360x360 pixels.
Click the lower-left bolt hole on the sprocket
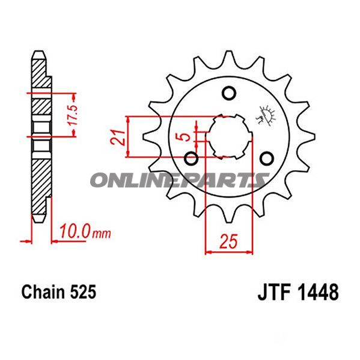tap(191, 159)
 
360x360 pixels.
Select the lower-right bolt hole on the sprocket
tap(267, 158)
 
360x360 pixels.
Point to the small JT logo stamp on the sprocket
tap(263, 114)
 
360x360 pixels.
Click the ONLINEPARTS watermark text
tap(179, 179)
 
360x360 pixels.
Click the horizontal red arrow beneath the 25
tap(228, 252)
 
